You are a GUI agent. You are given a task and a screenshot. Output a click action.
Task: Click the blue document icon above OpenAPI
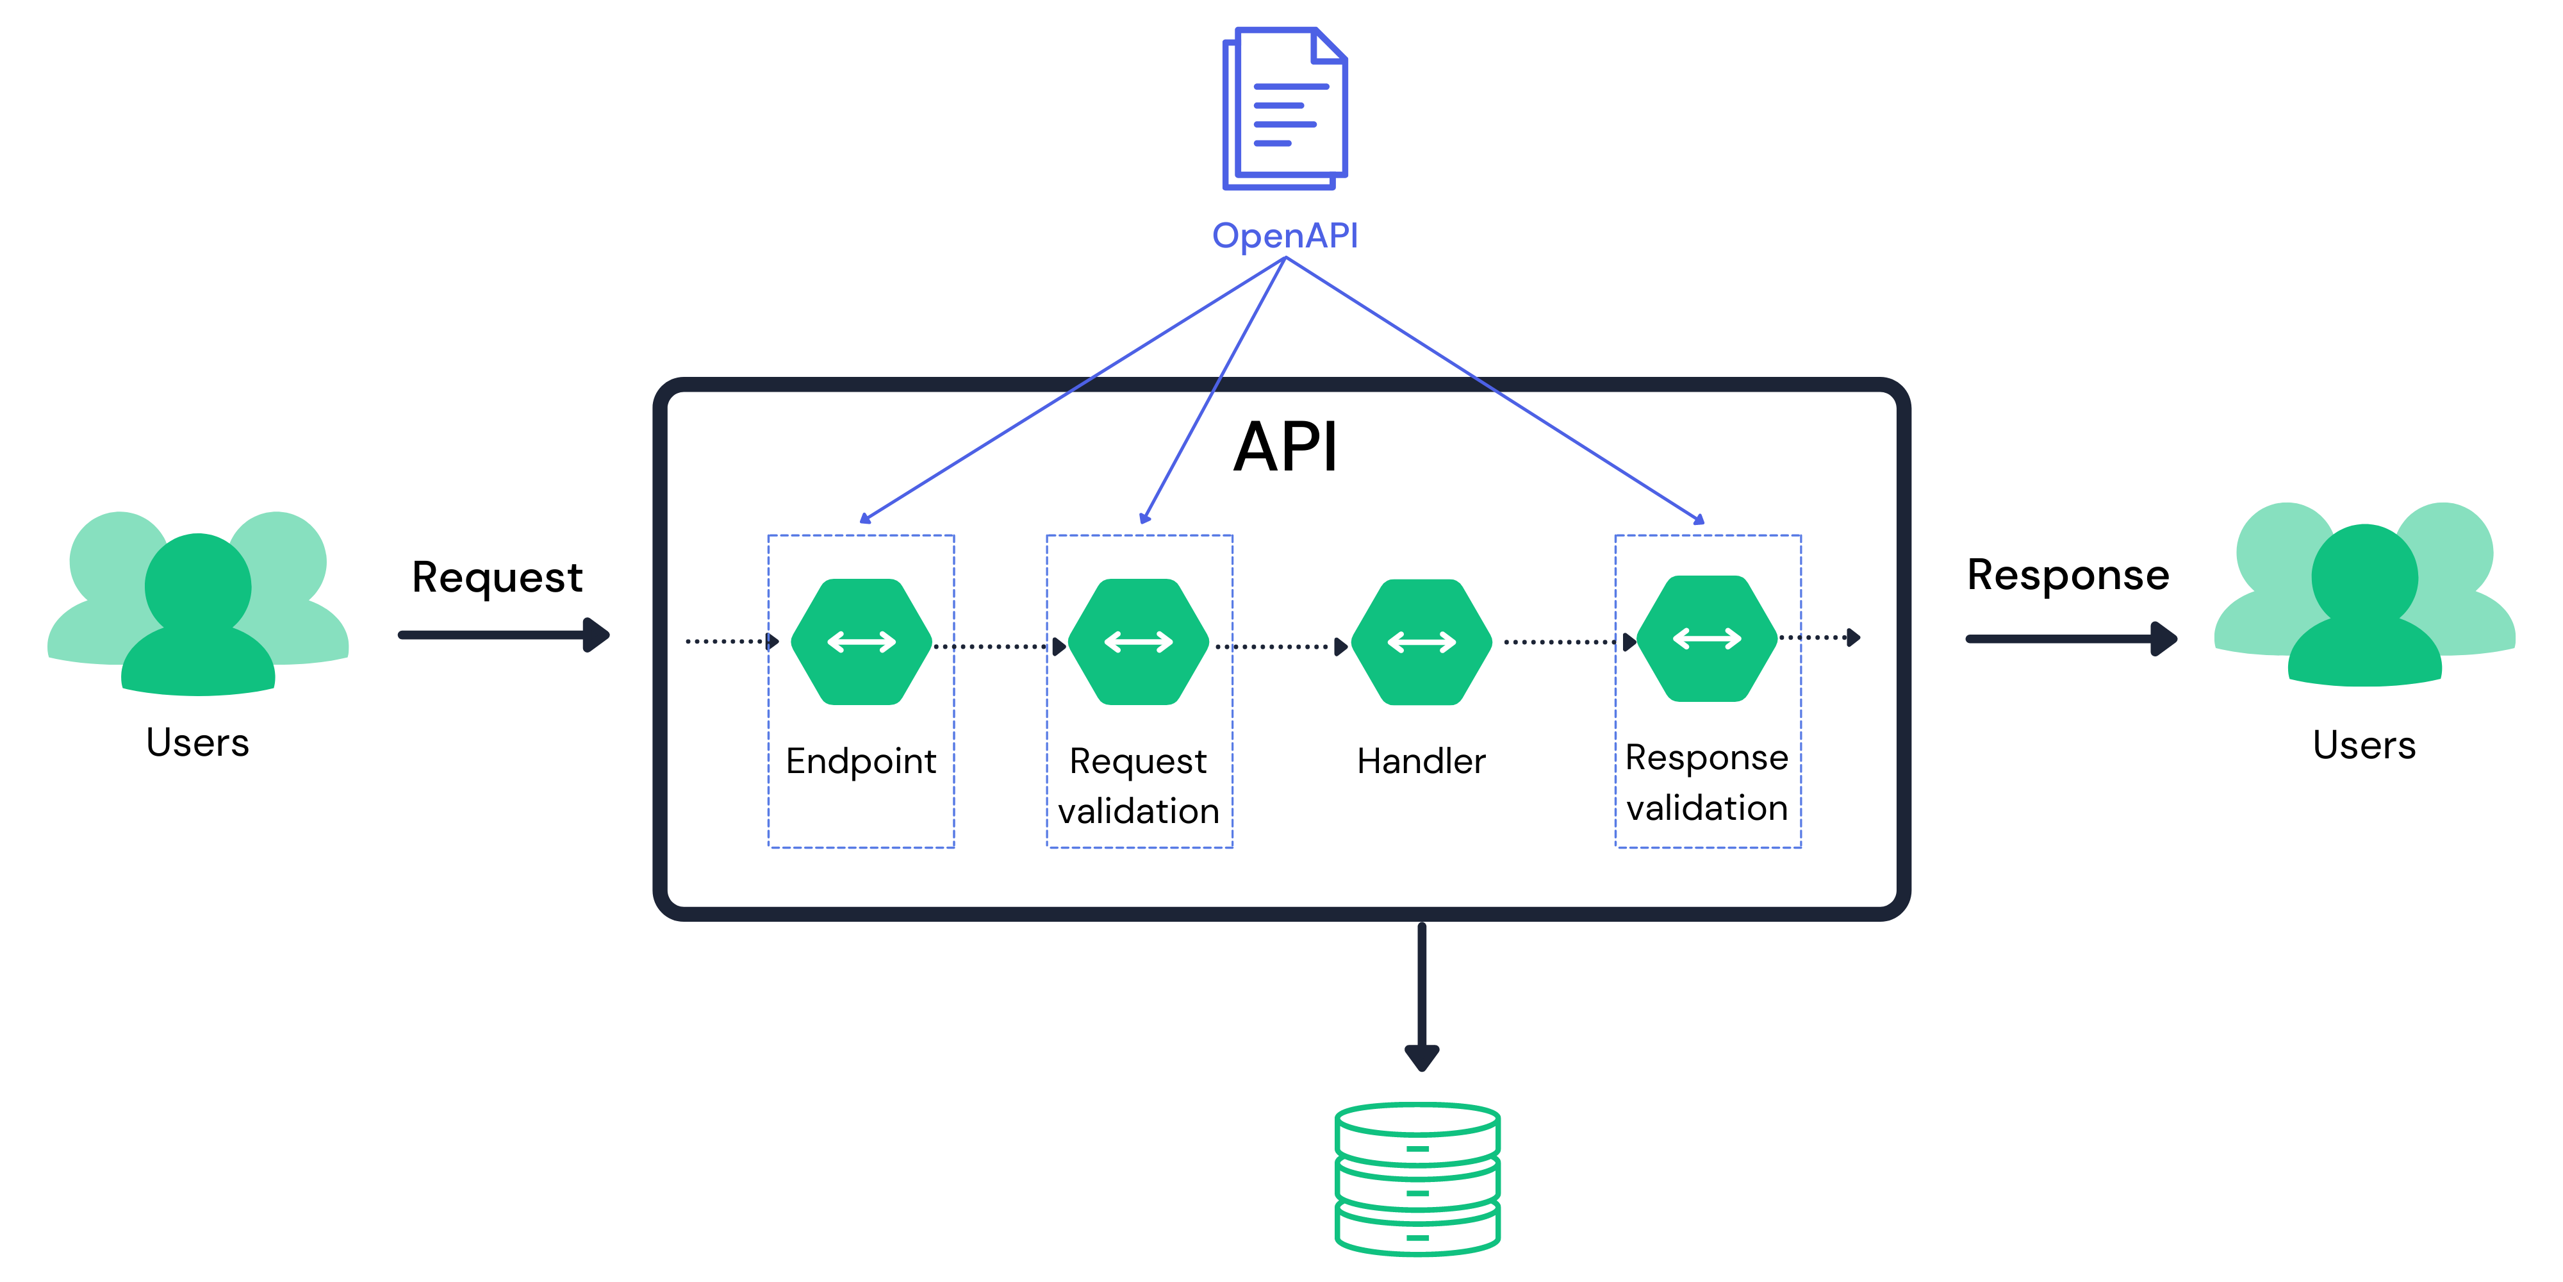click(x=1283, y=108)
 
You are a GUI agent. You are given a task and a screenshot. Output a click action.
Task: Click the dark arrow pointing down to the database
click(x=1422, y=995)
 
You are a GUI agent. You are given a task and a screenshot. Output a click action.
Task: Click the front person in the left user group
click(x=198, y=617)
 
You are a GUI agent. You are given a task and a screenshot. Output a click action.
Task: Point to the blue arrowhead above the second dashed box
click(x=1145, y=517)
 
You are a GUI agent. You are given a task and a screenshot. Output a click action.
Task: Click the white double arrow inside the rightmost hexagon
click(x=1706, y=638)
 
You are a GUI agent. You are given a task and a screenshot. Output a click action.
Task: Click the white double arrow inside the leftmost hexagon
click(x=861, y=642)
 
